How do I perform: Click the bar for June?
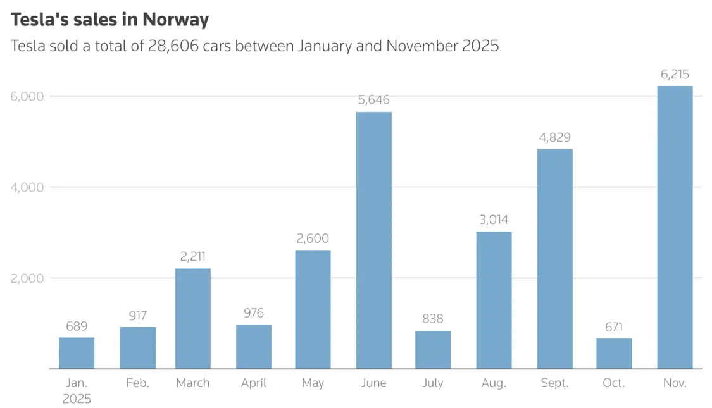pos(373,240)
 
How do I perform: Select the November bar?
pos(675,228)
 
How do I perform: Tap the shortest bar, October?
pos(614,354)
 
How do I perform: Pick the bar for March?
pos(193,319)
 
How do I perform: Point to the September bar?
pos(554,259)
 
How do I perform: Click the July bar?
pos(433,350)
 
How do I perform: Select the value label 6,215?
pos(675,75)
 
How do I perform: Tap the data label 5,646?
pos(373,100)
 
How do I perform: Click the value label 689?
pos(77,326)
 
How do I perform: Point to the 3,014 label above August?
pos(494,220)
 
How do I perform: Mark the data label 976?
pos(253,313)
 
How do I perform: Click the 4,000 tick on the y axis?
pos(27,187)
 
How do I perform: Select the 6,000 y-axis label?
pos(27,96)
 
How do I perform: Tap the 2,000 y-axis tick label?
pos(27,278)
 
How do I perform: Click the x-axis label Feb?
pos(138,383)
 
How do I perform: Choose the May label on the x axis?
pos(313,383)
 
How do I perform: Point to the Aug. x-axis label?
pos(494,383)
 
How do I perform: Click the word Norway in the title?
pos(175,20)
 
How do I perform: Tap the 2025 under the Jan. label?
pos(77,399)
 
